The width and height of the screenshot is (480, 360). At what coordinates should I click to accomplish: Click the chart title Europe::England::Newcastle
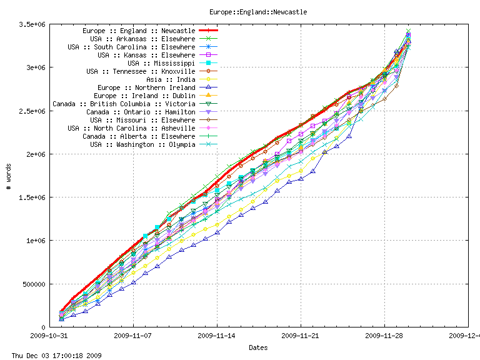pos(257,12)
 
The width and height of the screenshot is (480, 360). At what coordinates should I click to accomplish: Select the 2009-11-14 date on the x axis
pos(217,336)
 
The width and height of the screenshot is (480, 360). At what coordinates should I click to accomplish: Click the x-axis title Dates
pos(258,347)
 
